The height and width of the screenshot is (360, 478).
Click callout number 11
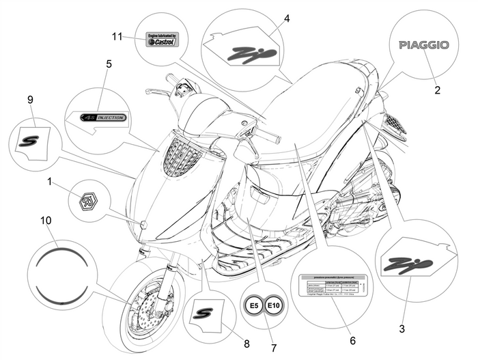[117, 36]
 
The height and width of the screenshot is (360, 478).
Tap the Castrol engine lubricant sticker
[163, 39]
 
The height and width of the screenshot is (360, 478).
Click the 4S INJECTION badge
[103, 117]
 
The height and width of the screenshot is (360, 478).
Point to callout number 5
[109, 64]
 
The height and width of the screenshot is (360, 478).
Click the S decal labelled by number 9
[31, 139]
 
